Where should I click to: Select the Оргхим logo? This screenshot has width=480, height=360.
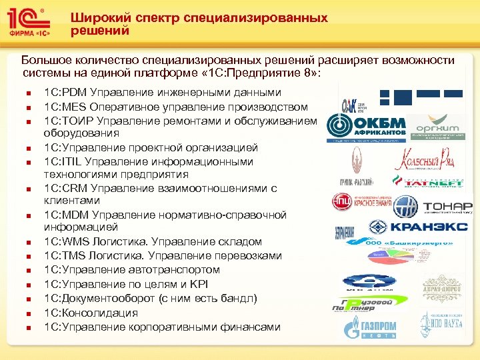pyautogui.click(x=437, y=127)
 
